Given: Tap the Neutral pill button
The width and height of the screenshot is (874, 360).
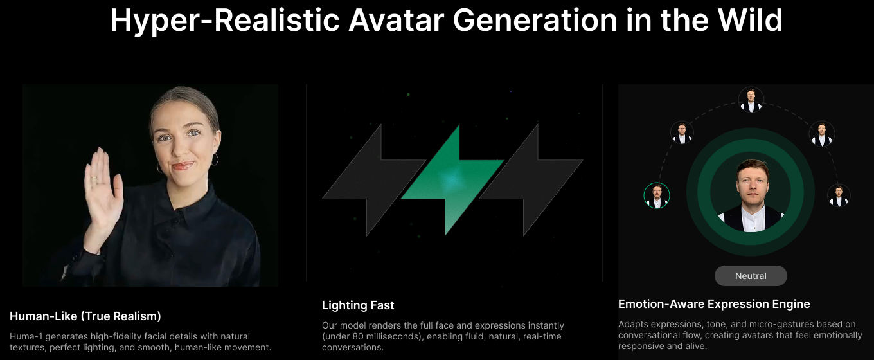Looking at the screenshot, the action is click(751, 276).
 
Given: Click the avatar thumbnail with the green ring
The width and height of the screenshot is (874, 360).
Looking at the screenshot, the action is click(657, 195).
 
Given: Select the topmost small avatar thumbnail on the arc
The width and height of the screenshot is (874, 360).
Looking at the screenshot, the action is click(751, 100).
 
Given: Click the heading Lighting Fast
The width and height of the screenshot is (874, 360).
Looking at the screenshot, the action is click(358, 305).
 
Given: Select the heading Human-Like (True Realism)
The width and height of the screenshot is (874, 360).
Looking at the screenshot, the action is click(85, 316).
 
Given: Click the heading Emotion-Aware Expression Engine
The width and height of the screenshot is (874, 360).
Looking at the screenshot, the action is click(714, 304).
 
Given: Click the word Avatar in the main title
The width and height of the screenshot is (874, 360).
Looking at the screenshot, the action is click(396, 21).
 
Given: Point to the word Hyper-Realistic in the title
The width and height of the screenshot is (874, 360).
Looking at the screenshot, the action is click(225, 21).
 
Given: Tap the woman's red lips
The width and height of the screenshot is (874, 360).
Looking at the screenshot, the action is click(183, 166).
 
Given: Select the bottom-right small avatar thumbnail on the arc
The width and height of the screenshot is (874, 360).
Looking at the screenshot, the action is click(839, 195).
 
